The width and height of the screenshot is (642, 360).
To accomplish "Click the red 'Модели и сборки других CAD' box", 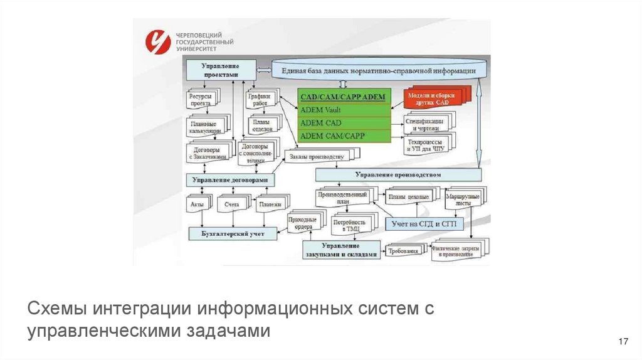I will point(433,97).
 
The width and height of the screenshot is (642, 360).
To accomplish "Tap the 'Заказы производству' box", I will point(318,156).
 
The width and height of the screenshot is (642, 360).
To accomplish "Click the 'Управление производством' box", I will point(397,174).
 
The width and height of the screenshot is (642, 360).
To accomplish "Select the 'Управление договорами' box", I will point(231,180).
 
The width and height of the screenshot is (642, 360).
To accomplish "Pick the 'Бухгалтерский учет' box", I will point(229,234).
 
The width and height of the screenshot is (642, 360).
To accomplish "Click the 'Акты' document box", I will point(197,205).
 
